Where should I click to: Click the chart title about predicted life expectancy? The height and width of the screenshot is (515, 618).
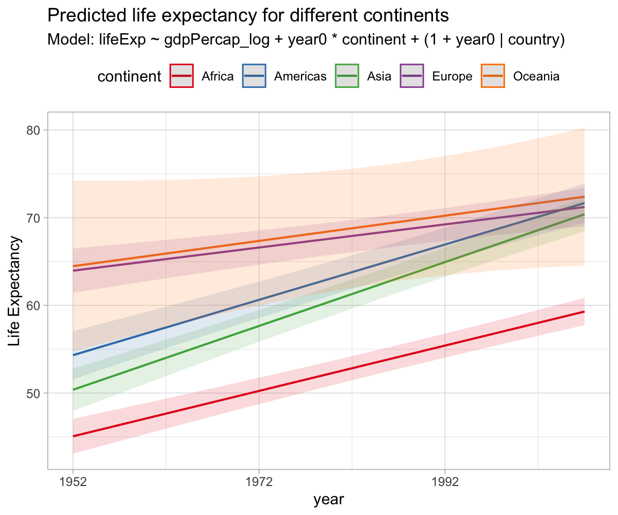tap(248, 16)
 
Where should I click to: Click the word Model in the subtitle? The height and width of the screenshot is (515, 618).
tap(63, 40)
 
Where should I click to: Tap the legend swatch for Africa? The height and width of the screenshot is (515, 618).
tap(181, 76)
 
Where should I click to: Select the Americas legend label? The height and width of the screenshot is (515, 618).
tap(300, 77)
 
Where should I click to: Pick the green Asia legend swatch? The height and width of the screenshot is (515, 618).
tap(346, 76)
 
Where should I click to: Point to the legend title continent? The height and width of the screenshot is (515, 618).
tap(129, 77)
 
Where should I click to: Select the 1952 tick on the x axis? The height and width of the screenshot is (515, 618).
tap(73, 482)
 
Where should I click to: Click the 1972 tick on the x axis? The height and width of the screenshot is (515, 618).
tap(259, 482)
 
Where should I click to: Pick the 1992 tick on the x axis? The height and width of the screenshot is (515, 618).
tap(445, 482)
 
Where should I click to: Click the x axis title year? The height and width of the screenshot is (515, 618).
tap(328, 500)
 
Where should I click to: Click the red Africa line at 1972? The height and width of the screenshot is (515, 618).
tap(259, 391)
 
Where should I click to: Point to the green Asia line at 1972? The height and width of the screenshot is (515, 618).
tap(259, 326)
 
